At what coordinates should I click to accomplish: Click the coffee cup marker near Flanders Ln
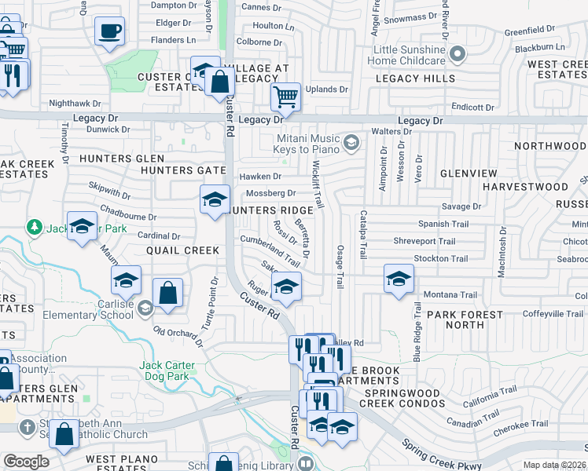109,32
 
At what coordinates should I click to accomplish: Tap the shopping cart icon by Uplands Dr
285,97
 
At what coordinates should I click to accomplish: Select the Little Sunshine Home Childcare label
399,55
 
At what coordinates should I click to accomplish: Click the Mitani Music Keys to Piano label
307,144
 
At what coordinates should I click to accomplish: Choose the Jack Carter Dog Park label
176,371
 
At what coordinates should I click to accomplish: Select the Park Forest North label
466,319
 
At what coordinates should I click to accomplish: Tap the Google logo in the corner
26,462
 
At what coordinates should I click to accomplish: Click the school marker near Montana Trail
399,279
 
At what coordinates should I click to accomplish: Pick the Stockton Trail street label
440,258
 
